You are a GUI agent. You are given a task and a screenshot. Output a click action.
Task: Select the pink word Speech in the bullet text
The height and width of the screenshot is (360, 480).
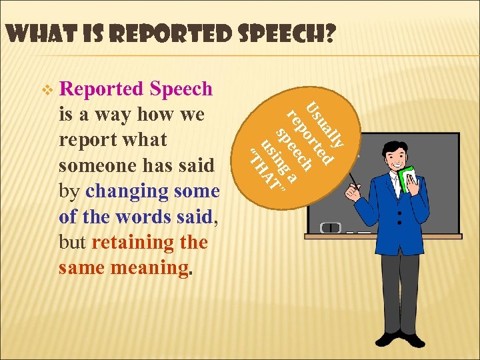coord(181,89)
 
